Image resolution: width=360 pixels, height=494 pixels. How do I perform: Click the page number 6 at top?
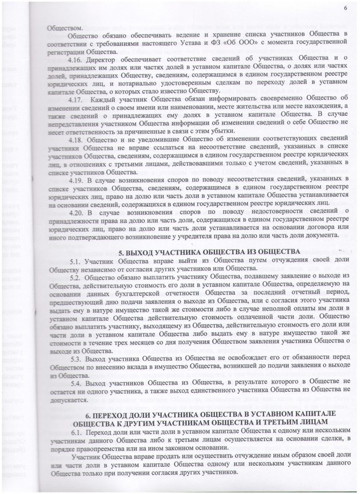pos(346,8)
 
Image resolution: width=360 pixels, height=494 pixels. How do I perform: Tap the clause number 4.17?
pos(77,99)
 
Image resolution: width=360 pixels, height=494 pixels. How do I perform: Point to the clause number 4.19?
pos(77,179)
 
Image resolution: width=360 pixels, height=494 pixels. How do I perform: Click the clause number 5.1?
pos(75,261)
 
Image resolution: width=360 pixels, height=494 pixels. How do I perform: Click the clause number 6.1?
pos(75,432)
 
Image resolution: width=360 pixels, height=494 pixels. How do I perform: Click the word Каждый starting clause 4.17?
pos(107,99)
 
